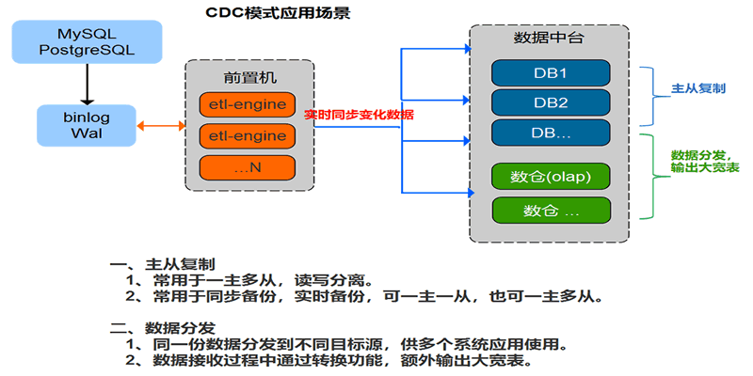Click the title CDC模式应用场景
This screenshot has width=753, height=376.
[x=281, y=14]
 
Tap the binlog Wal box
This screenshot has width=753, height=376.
[x=85, y=125]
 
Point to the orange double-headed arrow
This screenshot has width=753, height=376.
[x=159, y=125]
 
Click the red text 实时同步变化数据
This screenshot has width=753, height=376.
[x=359, y=115]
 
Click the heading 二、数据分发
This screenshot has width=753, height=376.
[x=163, y=328]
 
